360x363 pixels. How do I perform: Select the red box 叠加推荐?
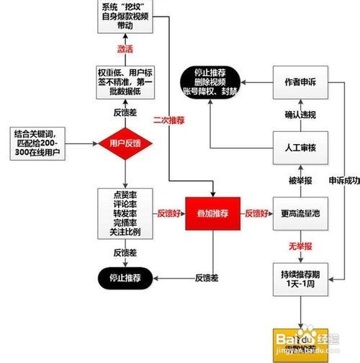pos(212,213)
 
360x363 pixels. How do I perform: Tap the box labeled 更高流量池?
pos(300,213)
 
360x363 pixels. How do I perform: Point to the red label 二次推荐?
pos(168,120)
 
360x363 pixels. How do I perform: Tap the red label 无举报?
pos(300,246)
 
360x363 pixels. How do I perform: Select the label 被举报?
pos(300,179)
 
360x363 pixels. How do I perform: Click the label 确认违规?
pos(300,115)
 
